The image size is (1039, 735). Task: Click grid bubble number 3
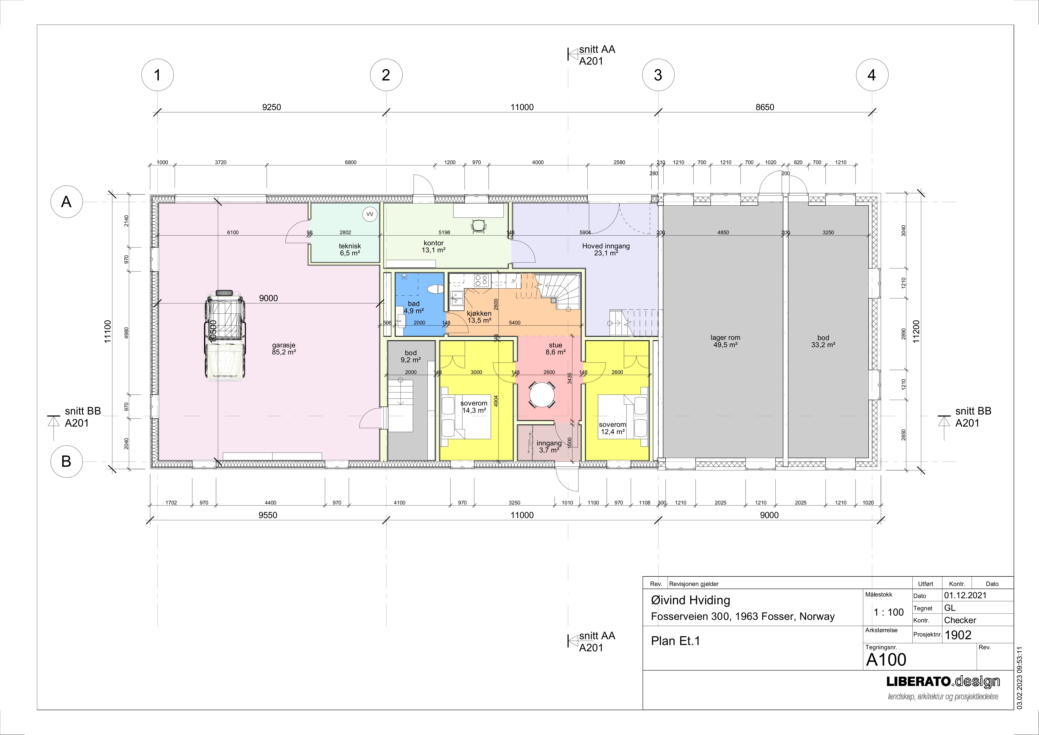pyautogui.click(x=658, y=75)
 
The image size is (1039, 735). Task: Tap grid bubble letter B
pyautogui.click(x=66, y=461)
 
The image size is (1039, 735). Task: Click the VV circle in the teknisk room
pyautogui.click(x=370, y=214)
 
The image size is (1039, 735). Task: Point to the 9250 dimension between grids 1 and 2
pyautogui.click(x=272, y=107)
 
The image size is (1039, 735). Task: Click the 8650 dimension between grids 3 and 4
pyautogui.click(x=765, y=107)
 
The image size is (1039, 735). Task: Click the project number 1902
pyautogui.click(x=958, y=635)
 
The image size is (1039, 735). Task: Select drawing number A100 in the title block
pyautogui.click(x=886, y=660)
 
